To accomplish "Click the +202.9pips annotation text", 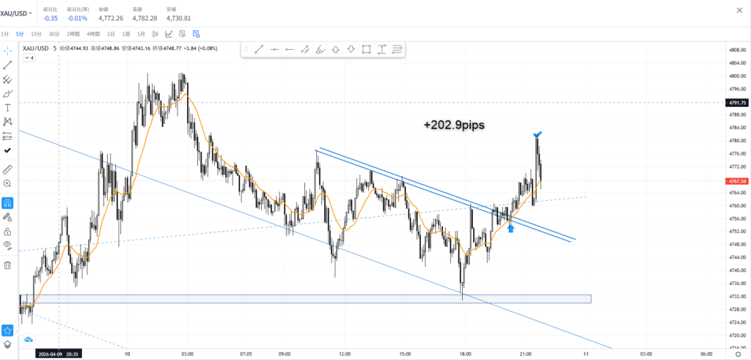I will pos(454,125).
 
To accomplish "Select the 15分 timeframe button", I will pos(36,34).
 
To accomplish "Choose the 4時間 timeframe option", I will pos(93,34).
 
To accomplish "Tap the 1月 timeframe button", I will pos(142,34).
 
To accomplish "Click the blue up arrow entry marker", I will pos(510,229).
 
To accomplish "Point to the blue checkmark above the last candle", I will pos(538,134).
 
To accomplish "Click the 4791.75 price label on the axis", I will pos(735,103).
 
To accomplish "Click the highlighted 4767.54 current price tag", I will pos(735,180).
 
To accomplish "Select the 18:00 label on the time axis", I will pos(464,354).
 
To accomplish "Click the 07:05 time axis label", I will pos(246,354).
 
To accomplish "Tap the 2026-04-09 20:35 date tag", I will pos(59,354).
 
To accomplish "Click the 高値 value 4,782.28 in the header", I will pos(144,18).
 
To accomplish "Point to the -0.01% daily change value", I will pos(78,18).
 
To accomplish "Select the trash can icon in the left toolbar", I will pos(7,265).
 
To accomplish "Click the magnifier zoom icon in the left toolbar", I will pos(7,183).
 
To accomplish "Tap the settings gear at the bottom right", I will pos(739,354).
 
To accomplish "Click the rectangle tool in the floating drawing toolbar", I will pos(366,49).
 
